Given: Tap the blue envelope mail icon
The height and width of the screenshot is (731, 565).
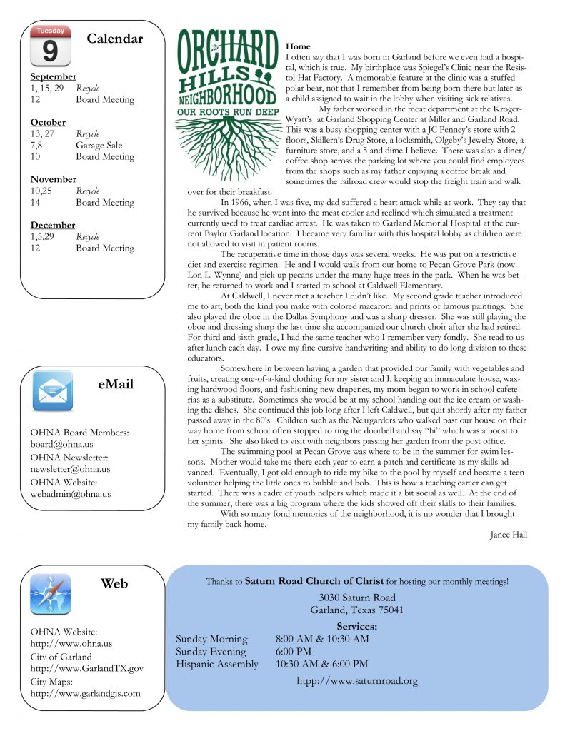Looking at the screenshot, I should click(51, 391).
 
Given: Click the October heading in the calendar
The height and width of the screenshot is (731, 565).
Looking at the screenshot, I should click(49, 123).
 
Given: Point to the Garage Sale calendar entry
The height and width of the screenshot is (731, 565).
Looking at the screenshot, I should click(99, 146).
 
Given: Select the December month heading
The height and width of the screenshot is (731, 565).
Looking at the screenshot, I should click(53, 226).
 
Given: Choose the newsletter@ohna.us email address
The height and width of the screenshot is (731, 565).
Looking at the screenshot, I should click(70, 469).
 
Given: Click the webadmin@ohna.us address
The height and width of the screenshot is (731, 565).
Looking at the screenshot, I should click(70, 493).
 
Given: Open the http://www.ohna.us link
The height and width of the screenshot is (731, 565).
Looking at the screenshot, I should click(71, 644).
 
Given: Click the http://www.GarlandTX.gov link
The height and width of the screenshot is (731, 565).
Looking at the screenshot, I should click(86, 668).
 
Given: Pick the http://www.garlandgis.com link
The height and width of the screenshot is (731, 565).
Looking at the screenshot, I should click(85, 693).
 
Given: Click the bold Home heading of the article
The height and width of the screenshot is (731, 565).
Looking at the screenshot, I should click(298, 46).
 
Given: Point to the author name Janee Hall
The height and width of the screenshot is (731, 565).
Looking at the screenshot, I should click(509, 535).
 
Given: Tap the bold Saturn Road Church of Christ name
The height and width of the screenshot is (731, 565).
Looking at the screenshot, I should click(314, 581).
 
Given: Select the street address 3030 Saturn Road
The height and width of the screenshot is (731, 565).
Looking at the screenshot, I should click(357, 598).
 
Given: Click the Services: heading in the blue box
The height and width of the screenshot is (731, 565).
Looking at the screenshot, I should click(356, 627).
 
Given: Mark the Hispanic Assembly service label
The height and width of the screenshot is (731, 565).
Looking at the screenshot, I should click(217, 665).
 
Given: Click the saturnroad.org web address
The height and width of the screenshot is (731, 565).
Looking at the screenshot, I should click(357, 681).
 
